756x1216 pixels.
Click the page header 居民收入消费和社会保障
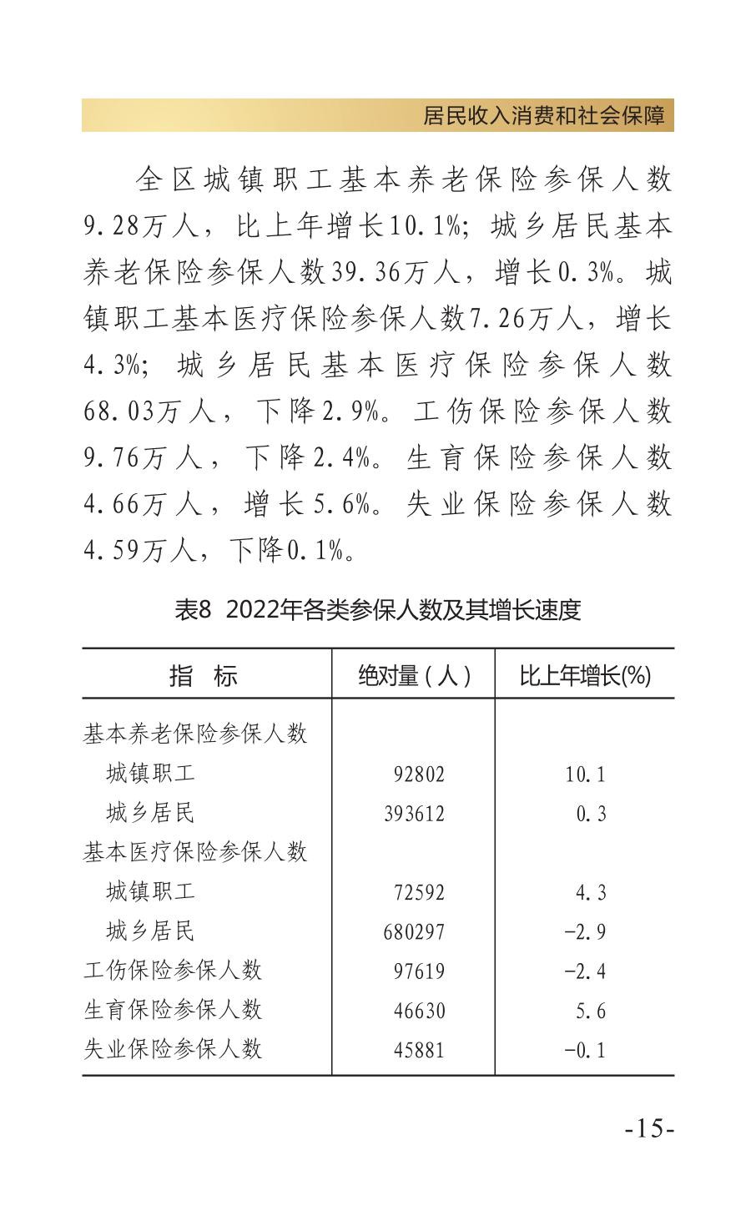[x=547, y=116]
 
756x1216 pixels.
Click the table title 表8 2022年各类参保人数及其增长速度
[x=377, y=610]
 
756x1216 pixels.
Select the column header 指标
[x=204, y=675]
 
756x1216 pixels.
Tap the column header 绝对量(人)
[x=414, y=675]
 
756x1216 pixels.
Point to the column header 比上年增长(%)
[x=584, y=675]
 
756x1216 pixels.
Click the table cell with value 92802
[x=419, y=774]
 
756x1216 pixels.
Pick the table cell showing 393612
[x=414, y=813]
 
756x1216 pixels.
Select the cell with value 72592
[x=419, y=892]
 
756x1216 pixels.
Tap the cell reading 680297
[x=414, y=931]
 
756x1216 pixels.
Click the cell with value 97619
[x=419, y=971]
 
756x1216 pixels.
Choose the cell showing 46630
[x=419, y=1011]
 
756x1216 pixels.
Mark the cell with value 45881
[x=419, y=1050]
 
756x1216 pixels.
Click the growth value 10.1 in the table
[x=585, y=774]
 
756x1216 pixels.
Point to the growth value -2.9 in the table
[x=585, y=931]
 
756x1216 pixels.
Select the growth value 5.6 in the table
[x=590, y=1011]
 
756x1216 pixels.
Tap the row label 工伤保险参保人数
[x=173, y=970]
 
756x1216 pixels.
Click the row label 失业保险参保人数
[x=173, y=1049]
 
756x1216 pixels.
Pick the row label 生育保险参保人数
[x=173, y=1010]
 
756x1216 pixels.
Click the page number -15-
[x=649, y=1128]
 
